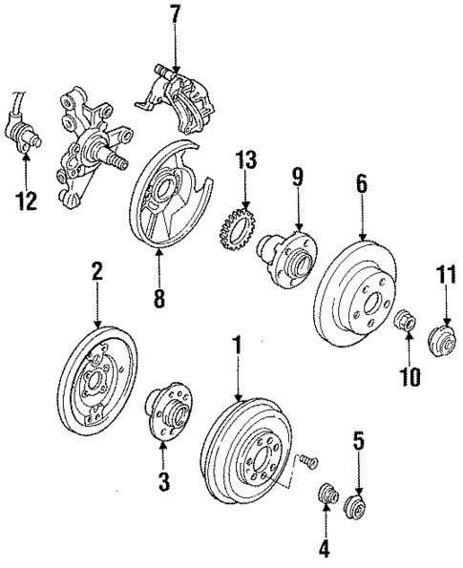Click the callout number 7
(x=175, y=18)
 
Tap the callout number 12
(x=27, y=200)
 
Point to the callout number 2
(x=97, y=272)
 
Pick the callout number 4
(x=325, y=550)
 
